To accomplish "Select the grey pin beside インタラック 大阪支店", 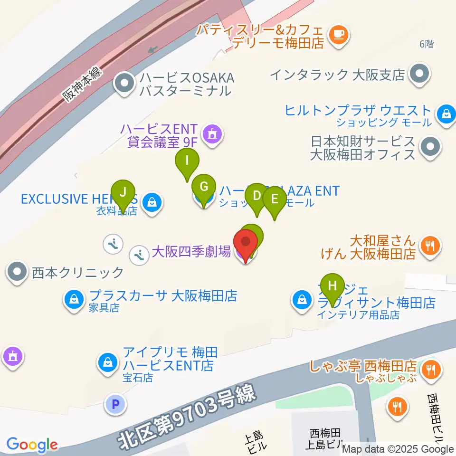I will point(419,74).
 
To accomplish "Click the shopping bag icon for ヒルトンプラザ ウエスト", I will point(446,114).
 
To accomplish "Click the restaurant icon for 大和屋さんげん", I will point(430,246).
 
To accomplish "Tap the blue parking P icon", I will point(114,405).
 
